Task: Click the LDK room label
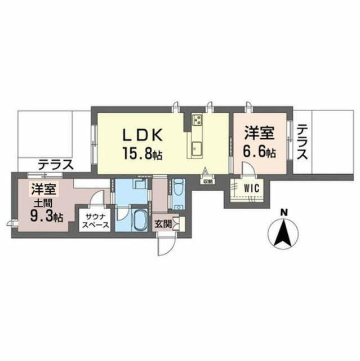[x=143, y=134]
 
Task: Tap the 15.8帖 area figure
[x=143, y=153]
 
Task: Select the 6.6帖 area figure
[x=260, y=152]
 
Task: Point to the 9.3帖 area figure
[x=47, y=216]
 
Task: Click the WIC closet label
[x=251, y=188]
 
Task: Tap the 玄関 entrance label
[x=163, y=223]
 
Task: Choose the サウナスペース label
[x=96, y=221]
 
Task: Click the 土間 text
[x=43, y=203]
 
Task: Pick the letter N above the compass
[x=285, y=213]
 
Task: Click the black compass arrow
[x=283, y=233]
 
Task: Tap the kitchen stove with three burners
[x=198, y=119]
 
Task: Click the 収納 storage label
[x=206, y=182]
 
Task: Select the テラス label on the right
[x=303, y=142]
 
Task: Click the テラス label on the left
[x=56, y=165]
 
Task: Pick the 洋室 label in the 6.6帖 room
[x=260, y=133]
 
